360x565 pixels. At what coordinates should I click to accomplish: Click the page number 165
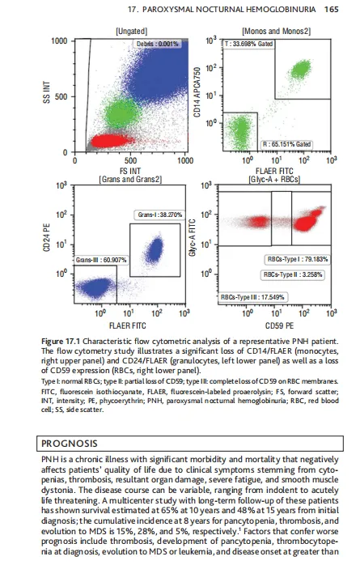pyautogui.click(x=331, y=9)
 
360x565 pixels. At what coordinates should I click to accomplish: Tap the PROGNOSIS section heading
pyautogui.click(x=70, y=444)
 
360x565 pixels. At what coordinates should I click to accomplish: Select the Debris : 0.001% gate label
pyautogui.click(x=157, y=44)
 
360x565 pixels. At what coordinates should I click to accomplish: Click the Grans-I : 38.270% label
pyautogui.click(x=160, y=215)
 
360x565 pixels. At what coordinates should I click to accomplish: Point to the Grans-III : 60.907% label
pyautogui.click(x=101, y=260)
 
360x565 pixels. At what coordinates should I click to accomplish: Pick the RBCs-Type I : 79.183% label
pyautogui.click(x=298, y=259)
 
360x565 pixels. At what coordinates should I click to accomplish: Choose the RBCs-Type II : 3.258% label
pyautogui.click(x=293, y=274)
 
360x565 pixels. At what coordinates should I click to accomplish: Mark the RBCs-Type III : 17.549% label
pyautogui.click(x=252, y=297)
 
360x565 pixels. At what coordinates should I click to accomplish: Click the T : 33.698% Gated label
pyautogui.click(x=248, y=44)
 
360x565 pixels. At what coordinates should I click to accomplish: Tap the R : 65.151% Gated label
pyautogui.click(x=286, y=145)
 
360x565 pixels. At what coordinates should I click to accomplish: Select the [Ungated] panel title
pyautogui.click(x=131, y=32)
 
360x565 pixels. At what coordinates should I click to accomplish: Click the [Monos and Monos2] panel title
pyautogui.click(x=277, y=32)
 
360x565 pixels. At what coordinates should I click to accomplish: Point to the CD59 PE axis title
pyautogui.click(x=279, y=325)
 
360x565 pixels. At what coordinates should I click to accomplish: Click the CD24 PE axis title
pyautogui.click(x=46, y=237)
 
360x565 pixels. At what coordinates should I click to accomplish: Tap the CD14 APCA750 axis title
pyautogui.click(x=197, y=92)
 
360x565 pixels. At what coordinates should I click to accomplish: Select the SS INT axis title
pyautogui.click(x=46, y=92)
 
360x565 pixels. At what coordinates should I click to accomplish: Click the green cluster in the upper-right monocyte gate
pyautogui.click(x=301, y=69)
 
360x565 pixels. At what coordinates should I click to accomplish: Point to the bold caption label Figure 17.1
pyautogui.click(x=61, y=342)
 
